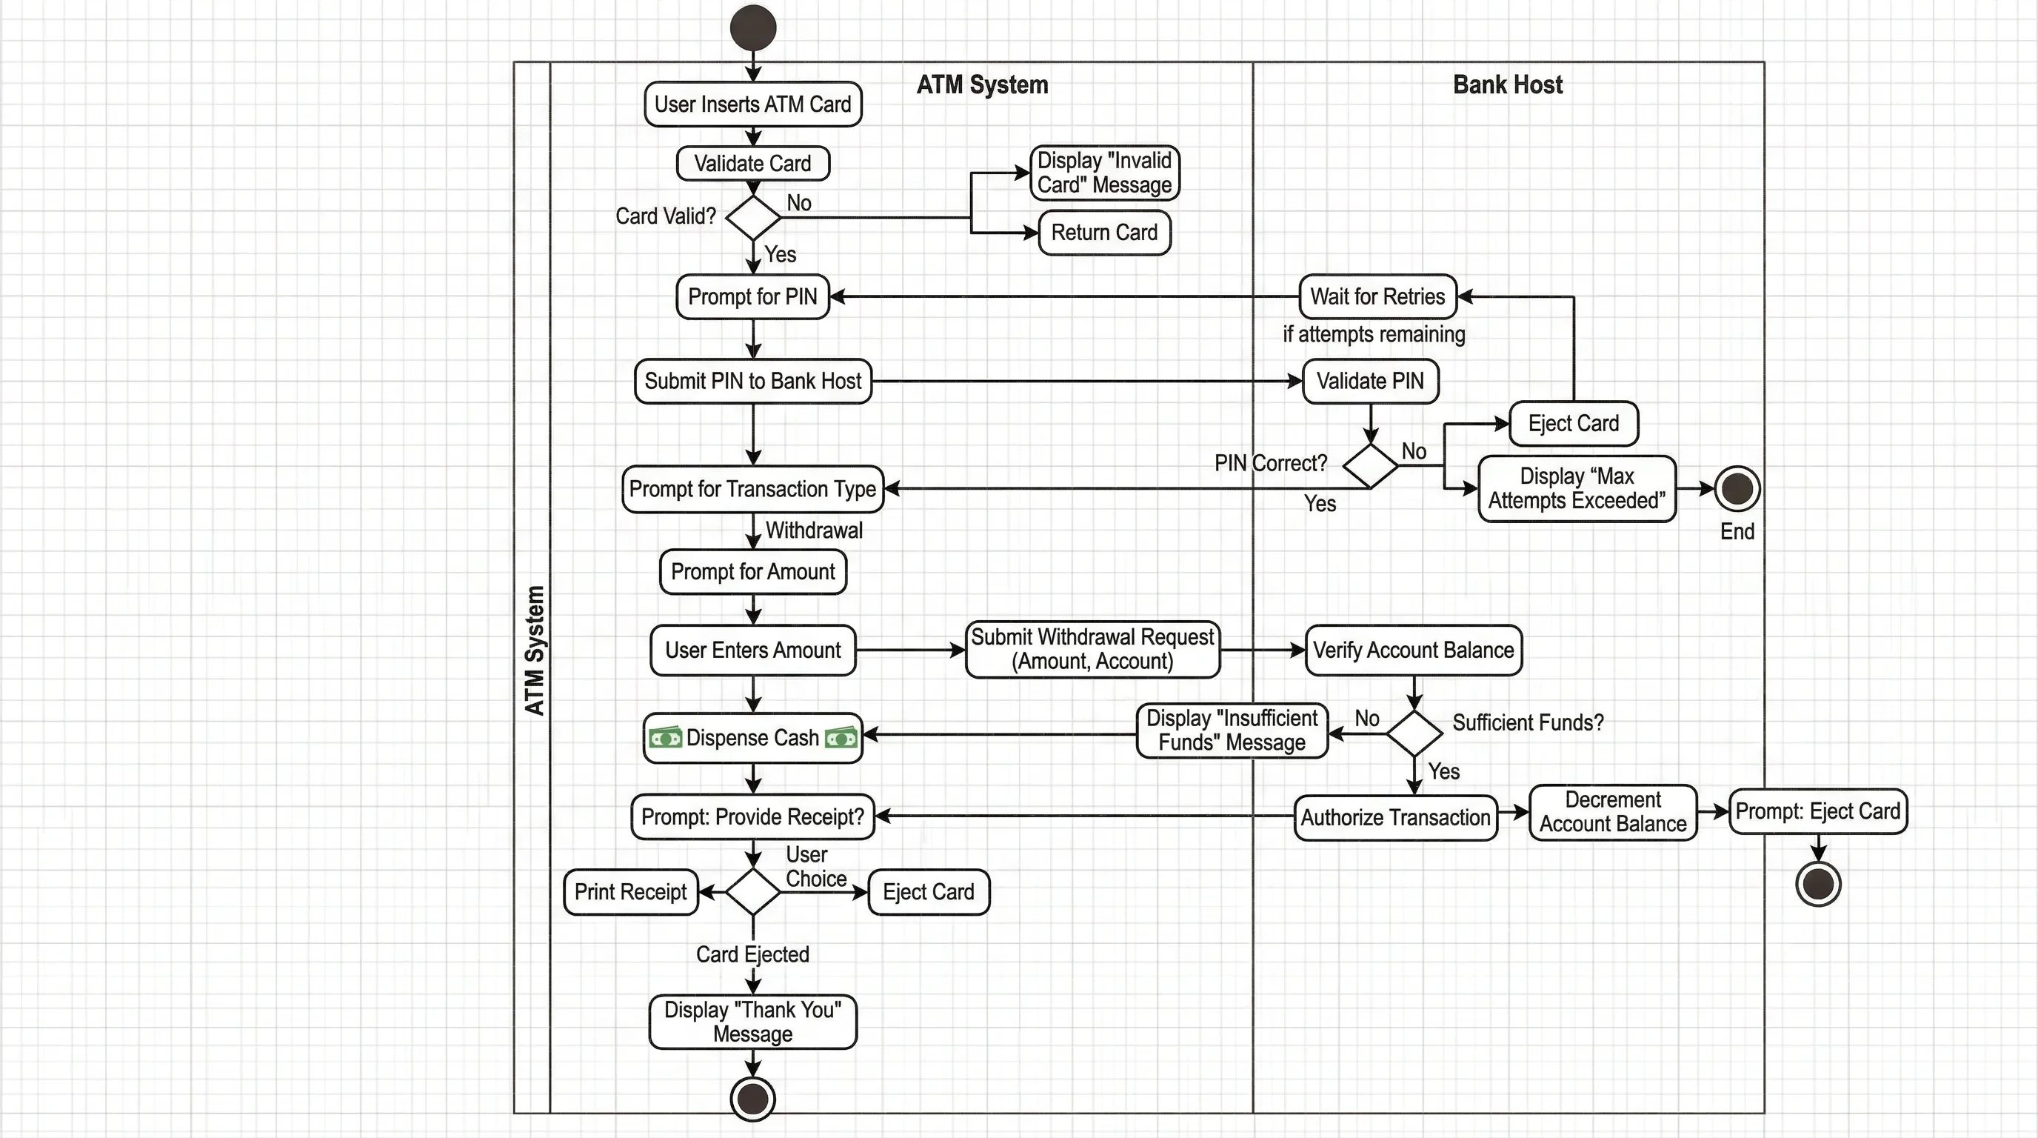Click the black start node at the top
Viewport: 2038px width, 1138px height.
[x=752, y=28]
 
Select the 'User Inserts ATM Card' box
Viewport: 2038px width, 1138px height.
[x=752, y=104]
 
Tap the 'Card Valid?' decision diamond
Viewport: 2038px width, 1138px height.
[x=752, y=218]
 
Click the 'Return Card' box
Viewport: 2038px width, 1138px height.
[x=1103, y=233]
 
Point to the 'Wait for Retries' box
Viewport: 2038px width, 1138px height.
[x=1377, y=297]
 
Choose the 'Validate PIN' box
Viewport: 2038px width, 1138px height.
[x=1370, y=382]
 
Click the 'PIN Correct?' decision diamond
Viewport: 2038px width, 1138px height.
[x=1370, y=465]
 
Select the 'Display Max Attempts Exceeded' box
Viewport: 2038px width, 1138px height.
[x=1576, y=488]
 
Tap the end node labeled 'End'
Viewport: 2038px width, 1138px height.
[x=1737, y=488]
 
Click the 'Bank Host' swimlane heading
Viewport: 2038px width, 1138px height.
[x=1507, y=84]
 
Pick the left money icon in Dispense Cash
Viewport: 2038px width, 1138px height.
[x=664, y=739]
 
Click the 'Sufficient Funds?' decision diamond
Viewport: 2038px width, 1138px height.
[x=1414, y=733]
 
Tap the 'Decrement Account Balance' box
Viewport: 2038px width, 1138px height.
[x=1612, y=812]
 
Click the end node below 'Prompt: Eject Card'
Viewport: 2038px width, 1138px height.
[x=1817, y=883]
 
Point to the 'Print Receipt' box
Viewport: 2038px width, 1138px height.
[x=630, y=893]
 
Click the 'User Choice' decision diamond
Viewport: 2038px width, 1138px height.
[x=752, y=892]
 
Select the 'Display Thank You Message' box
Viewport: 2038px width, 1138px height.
[x=752, y=1022]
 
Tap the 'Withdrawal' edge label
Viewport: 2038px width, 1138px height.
[x=814, y=530]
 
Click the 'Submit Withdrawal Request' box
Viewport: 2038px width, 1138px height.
[x=1092, y=650]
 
